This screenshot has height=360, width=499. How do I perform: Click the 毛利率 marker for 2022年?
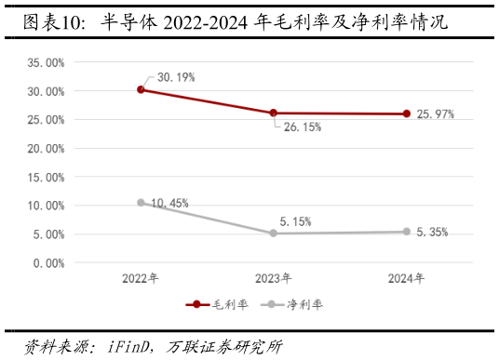point(141,89)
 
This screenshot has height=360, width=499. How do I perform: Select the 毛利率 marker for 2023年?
point(274,113)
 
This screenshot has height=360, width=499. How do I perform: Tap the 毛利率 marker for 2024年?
point(407,113)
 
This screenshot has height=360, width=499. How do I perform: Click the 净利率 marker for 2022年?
point(141,202)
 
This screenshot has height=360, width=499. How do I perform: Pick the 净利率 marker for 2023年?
point(274,233)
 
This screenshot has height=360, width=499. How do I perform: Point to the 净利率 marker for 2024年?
point(407,232)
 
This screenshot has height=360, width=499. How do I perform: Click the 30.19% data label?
point(176,77)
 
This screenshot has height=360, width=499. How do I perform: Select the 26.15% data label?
point(303,127)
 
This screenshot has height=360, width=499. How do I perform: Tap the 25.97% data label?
point(435,113)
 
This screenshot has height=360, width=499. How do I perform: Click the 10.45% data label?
point(169,203)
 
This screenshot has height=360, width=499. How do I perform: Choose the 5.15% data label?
point(295,221)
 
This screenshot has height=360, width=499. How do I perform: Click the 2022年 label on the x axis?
point(141,277)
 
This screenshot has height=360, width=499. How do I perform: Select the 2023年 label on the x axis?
point(274,277)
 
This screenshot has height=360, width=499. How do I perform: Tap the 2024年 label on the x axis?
point(407,277)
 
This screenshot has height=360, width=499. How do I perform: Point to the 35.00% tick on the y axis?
point(46,62)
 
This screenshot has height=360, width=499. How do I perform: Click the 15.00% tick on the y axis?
point(46,177)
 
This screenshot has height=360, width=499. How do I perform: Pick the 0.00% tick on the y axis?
point(48,262)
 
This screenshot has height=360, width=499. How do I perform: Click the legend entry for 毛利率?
point(217,304)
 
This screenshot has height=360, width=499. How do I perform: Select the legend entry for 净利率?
point(291,304)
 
